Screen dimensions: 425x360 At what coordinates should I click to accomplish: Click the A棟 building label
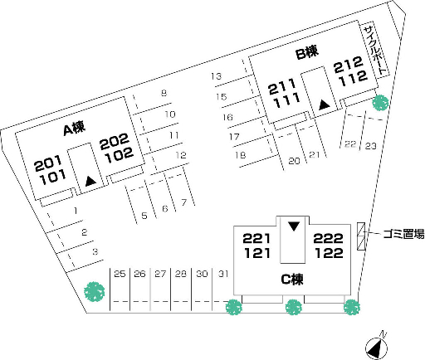point(74,129)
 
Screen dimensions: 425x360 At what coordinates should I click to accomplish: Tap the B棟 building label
point(307,51)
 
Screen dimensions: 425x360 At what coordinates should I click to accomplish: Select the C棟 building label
point(292,280)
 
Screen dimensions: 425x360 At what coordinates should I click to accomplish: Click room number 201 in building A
point(48,163)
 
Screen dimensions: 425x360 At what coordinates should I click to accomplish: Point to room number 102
point(120,155)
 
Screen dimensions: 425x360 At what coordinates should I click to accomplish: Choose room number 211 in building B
point(282,87)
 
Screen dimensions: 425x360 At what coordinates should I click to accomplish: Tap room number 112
point(353,78)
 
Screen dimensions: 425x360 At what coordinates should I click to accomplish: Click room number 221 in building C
point(256,238)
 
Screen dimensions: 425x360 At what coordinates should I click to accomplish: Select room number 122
point(329,253)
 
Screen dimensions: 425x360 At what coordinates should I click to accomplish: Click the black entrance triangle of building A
point(90,181)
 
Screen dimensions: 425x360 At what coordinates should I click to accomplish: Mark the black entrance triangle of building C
point(294,226)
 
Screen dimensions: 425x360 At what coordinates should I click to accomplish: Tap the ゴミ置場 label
point(403,234)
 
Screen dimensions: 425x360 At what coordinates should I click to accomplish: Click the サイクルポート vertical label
point(375,51)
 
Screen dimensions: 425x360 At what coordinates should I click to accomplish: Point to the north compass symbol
point(376,346)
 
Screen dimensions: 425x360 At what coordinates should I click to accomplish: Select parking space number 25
point(120,274)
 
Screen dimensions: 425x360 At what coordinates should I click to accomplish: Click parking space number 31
point(223,274)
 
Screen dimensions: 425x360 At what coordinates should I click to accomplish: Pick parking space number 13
point(216,76)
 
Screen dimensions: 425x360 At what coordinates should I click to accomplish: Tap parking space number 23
point(370,146)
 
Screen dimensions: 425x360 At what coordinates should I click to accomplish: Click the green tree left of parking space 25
point(95,291)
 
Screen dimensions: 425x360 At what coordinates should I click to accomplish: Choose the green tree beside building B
point(380,103)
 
